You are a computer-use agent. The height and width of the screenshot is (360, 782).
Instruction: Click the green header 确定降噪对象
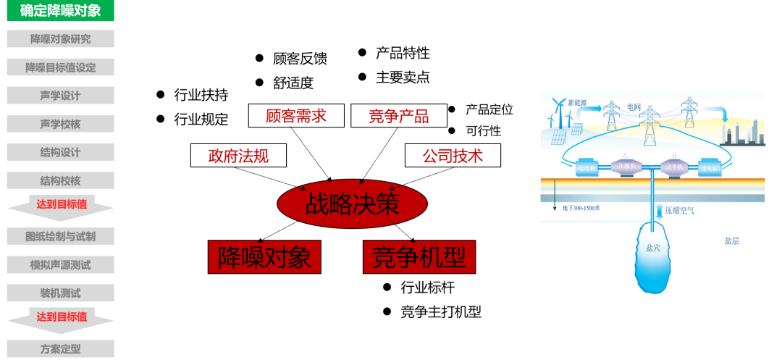[60, 11]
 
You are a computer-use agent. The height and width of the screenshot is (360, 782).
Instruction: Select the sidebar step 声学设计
[60, 96]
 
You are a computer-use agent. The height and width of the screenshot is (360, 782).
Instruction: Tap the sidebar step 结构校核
[60, 181]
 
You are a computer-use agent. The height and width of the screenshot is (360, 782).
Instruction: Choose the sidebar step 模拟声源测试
[60, 265]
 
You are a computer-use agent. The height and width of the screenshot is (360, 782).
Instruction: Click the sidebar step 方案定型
[60, 348]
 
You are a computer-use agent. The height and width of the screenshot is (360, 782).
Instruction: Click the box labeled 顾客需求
[296, 116]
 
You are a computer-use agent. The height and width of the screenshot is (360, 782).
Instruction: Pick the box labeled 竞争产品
[398, 116]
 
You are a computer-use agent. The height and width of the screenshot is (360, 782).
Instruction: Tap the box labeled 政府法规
[239, 155]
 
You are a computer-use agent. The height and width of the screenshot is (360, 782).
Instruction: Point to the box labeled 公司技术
[453, 155]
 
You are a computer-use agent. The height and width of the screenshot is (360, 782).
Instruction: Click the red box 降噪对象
[264, 256]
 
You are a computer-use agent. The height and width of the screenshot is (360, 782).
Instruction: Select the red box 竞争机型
[419, 256]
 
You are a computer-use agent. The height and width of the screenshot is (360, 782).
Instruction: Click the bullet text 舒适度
[293, 83]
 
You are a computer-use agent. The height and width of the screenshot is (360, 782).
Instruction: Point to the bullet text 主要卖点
[403, 78]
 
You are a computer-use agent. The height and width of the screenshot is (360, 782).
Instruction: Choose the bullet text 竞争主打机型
[441, 312]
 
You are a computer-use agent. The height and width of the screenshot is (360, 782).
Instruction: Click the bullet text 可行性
[483, 131]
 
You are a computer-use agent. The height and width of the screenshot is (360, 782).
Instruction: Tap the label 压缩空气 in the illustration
[679, 211]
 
